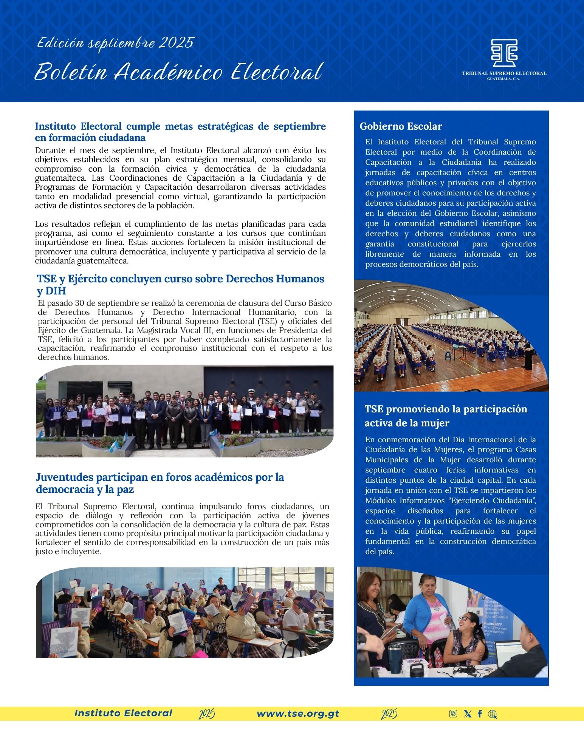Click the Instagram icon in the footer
coord(453,714)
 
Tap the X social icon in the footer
coord(468,714)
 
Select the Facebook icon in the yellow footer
coord(480,714)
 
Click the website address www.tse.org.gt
coord(298,714)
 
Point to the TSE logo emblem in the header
coord(504,53)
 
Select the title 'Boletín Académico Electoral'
coord(178,72)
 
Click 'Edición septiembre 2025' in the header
coord(115,43)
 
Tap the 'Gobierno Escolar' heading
coord(401,126)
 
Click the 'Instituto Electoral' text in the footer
coord(123,713)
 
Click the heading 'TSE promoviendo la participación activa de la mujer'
coord(446,416)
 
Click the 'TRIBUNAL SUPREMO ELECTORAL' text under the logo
coord(504,73)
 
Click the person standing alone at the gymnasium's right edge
coord(528,354)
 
